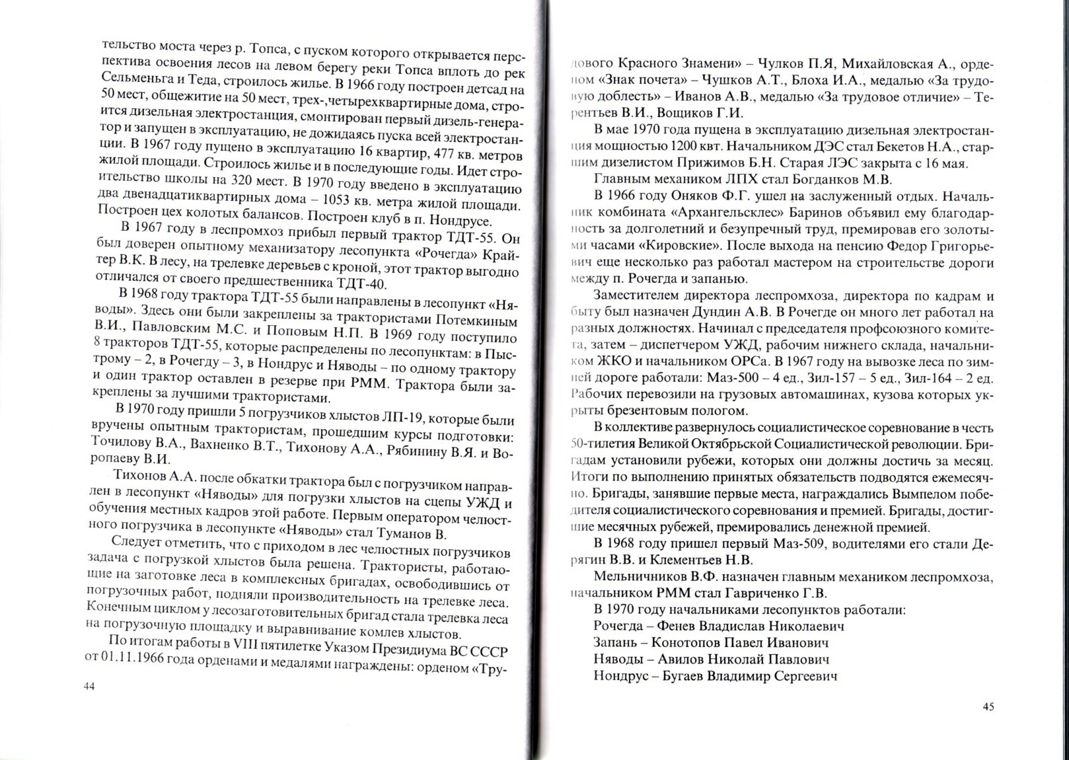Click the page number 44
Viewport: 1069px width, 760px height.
coord(90,687)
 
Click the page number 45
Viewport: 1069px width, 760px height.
coord(988,706)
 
